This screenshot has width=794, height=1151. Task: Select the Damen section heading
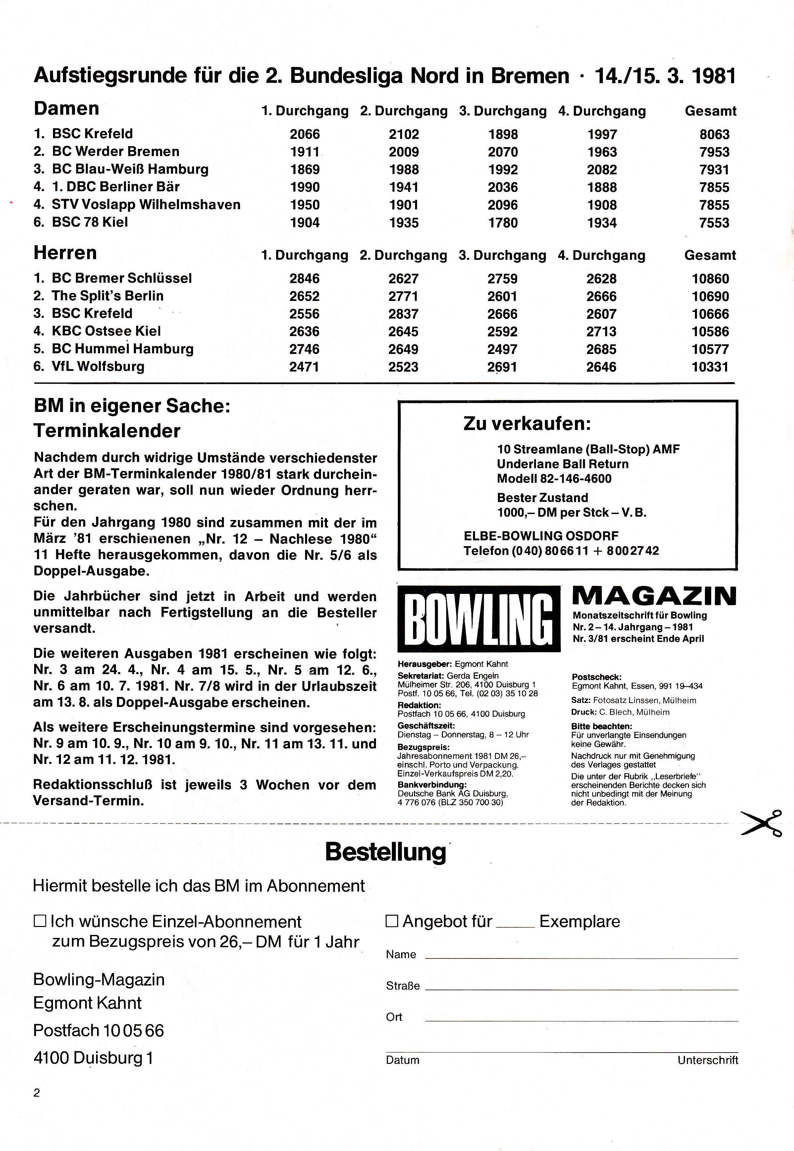pos(66,108)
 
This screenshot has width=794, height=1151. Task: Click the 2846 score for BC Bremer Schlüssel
pos(304,279)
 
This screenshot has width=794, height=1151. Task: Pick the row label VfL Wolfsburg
pos(98,367)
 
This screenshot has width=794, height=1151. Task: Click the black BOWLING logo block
pos(479,618)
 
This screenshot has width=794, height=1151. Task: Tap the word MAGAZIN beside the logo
pos(654,596)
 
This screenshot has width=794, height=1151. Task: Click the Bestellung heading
pos(386,852)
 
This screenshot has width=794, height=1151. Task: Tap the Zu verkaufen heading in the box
pos(527,424)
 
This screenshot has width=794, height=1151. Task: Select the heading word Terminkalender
pos(107,431)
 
